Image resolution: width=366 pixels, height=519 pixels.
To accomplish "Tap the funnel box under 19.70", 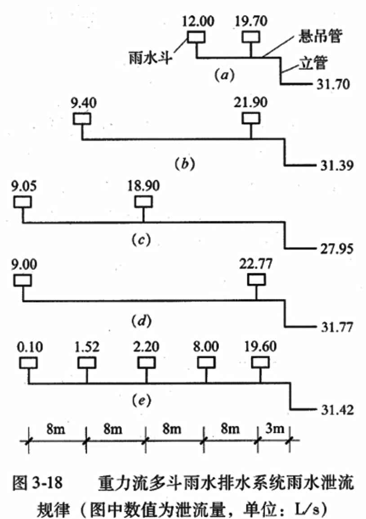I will [x=250, y=36].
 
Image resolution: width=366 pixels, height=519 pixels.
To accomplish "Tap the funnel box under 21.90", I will [x=251, y=118].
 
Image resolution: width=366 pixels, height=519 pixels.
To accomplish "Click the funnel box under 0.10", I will [x=29, y=362].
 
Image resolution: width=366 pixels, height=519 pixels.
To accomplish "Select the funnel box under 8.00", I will [x=206, y=362].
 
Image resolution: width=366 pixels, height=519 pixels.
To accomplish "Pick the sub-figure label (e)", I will [x=142, y=399].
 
